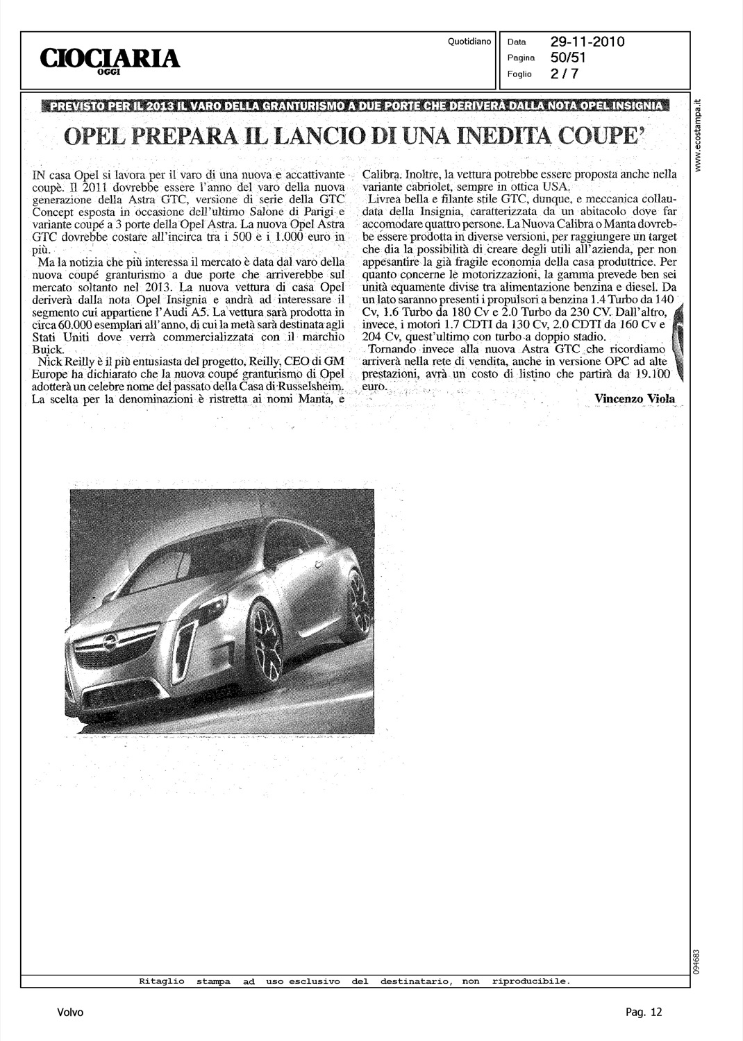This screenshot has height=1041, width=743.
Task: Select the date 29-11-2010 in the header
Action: [587, 42]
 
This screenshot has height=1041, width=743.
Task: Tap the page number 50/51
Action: [569, 58]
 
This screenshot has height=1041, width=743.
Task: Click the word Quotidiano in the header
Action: [470, 42]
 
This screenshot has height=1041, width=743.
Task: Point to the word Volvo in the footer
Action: [70, 1013]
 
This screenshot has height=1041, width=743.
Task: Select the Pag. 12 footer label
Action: [644, 1013]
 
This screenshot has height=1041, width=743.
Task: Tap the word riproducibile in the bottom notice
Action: [531, 981]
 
